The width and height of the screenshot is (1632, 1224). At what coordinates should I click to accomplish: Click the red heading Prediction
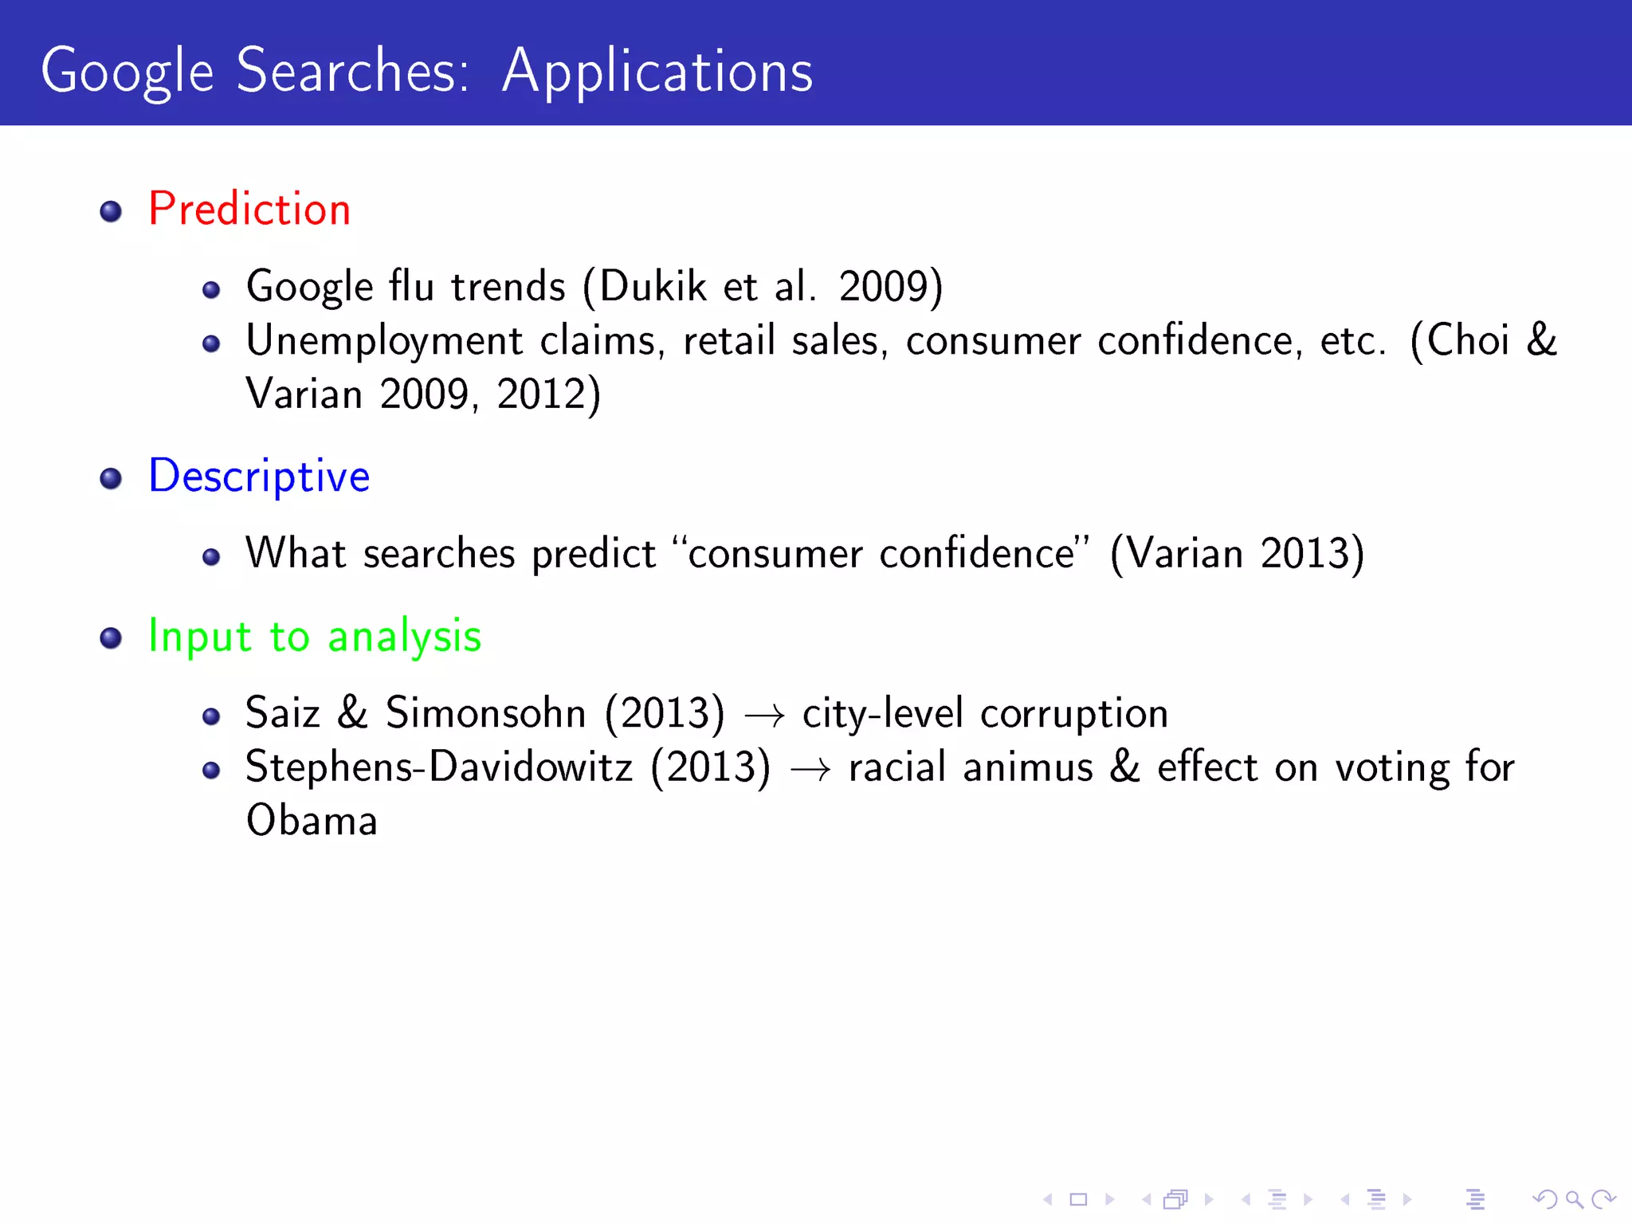coord(249,210)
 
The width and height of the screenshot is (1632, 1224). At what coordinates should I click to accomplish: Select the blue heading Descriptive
coord(259,477)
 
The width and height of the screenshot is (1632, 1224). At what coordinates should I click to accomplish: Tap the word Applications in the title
coord(657,72)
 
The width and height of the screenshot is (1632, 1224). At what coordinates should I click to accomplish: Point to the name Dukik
coord(653,286)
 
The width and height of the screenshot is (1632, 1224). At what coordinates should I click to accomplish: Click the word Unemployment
coord(384,341)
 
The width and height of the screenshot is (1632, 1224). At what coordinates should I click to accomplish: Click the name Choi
coord(1468,340)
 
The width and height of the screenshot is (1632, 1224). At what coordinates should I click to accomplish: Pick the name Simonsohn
coord(486,712)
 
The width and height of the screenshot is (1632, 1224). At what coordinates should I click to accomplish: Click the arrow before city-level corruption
coord(763,716)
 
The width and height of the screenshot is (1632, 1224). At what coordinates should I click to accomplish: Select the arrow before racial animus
coord(810,769)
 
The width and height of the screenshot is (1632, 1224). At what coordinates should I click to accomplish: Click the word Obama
coord(312,821)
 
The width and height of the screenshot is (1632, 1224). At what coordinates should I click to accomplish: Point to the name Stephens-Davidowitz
coord(439,767)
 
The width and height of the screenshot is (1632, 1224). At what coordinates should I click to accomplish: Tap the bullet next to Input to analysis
coord(111,638)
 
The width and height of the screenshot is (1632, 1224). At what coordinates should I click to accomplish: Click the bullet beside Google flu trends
coord(211,290)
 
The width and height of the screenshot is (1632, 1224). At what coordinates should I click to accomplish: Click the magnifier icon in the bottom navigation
coord(1574,1199)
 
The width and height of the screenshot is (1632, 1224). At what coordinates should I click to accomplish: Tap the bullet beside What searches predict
coord(211,557)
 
